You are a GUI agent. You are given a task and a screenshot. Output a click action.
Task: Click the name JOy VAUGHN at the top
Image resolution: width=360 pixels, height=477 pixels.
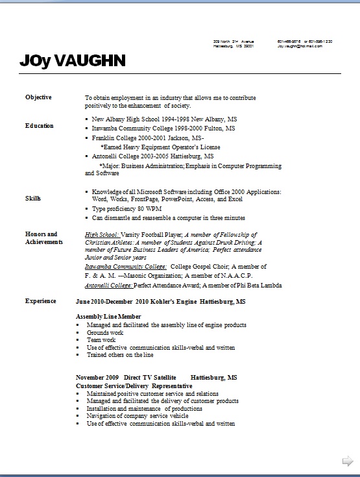[x=72, y=62]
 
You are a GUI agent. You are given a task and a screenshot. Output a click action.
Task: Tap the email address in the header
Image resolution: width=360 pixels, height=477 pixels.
[x=299, y=47]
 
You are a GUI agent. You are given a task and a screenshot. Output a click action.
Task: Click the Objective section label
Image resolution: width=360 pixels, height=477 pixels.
[x=38, y=97]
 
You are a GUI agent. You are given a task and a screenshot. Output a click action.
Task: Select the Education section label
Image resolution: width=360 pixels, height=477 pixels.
[x=40, y=125]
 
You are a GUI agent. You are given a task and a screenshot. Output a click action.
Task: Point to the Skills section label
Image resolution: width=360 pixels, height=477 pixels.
[x=33, y=198]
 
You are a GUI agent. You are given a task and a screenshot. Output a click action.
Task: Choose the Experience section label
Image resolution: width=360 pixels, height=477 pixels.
[x=40, y=301]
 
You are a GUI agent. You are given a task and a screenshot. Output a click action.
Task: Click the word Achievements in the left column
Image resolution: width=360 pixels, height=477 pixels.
[x=44, y=241]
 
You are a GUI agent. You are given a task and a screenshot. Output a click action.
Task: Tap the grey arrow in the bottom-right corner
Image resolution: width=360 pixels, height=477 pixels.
[x=348, y=461]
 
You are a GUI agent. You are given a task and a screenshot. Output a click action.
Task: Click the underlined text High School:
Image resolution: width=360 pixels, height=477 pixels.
[x=101, y=234]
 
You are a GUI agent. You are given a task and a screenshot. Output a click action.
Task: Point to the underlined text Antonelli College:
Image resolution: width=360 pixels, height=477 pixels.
[x=110, y=285]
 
